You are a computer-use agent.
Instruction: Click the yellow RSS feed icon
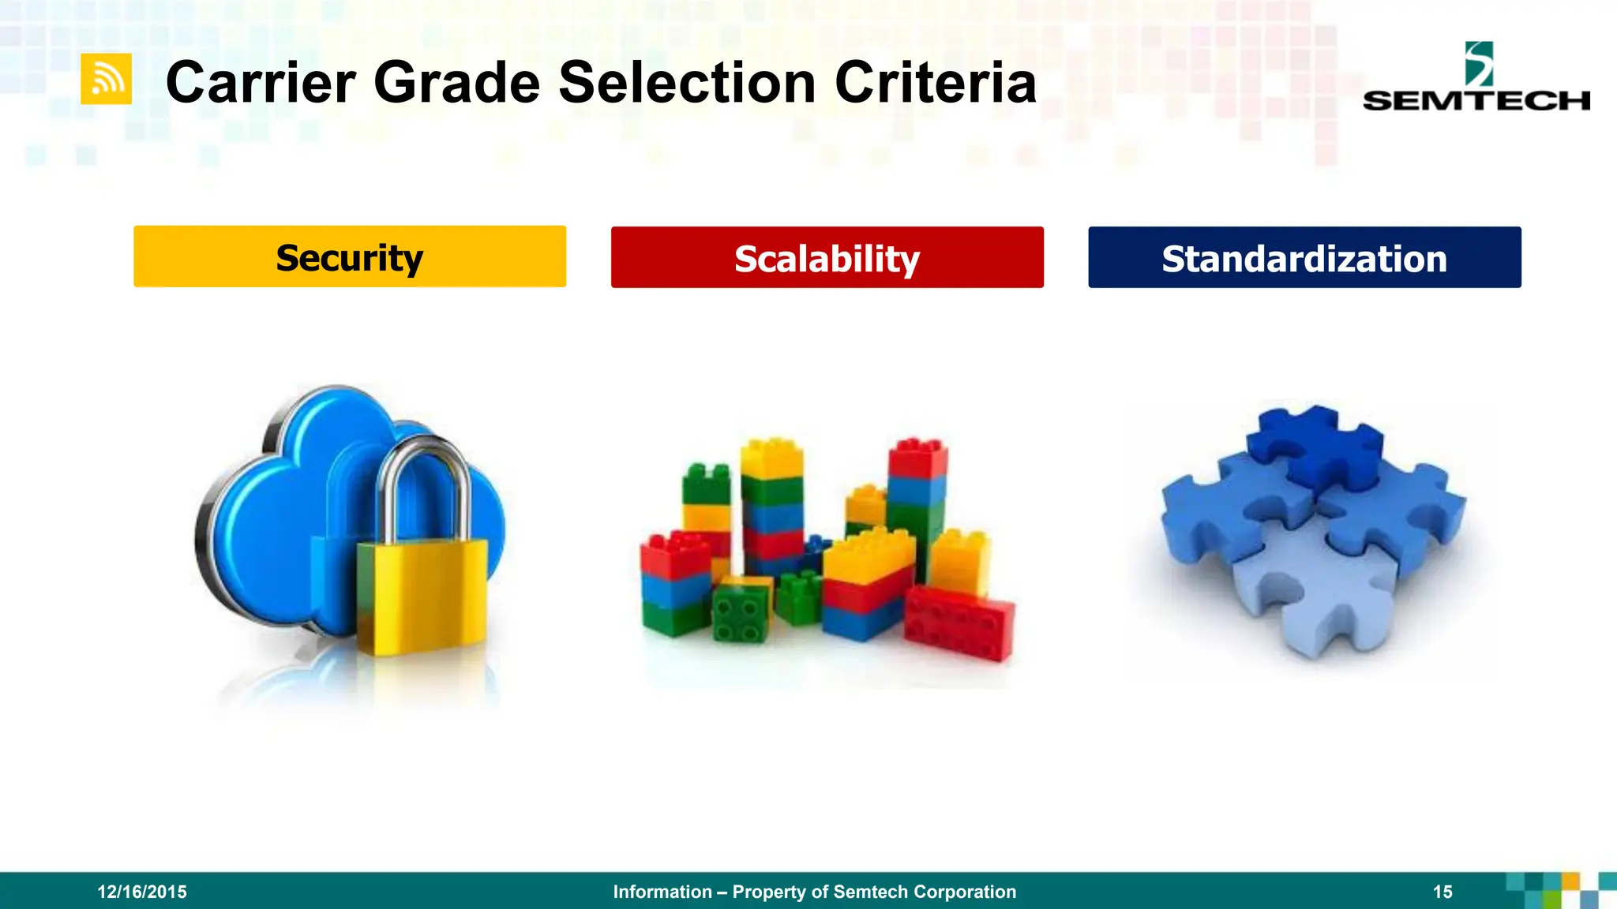click(x=106, y=79)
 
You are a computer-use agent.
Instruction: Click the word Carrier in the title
click(x=261, y=83)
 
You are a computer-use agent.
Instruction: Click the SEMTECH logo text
click(x=1476, y=101)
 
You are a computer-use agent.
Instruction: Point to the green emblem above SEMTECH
click(x=1478, y=63)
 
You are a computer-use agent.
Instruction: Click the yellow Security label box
click(x=350, y=257)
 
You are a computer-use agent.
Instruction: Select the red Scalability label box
click(x=827, y=258)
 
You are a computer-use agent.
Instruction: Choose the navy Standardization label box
click(x=1304, y=258)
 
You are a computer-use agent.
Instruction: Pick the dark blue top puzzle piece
click(x=1315, y=446)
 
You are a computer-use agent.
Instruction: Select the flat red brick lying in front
click(x=959, y=623)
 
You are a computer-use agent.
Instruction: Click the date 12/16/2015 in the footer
click(x=142, y=892)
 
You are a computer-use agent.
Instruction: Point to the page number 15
click(x=1443, y=892)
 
